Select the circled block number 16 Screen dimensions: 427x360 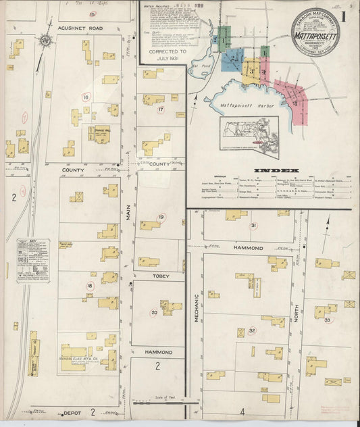click(x=86, y=97)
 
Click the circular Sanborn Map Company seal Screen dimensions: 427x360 click(x=315, y=31)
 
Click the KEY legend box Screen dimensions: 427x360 click(x=33, y=260)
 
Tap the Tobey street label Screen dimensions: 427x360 click(x=157, y=276)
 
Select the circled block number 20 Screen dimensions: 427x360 click(x=154, y=312)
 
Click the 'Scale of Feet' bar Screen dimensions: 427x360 click(x=165, y=403)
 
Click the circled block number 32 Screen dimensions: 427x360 click(x=252, y=330)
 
